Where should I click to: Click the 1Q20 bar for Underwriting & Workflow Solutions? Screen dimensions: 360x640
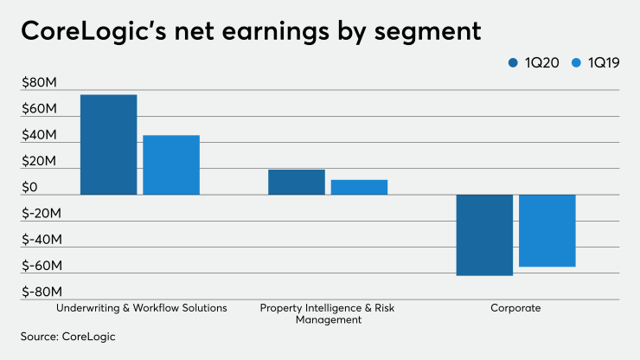[108, 145]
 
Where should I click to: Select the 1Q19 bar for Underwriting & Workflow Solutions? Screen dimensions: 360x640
[171, 164]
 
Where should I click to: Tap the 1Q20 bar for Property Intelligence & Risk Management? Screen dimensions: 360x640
[296, 182]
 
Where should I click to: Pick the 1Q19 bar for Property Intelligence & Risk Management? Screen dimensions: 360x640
[359, 187]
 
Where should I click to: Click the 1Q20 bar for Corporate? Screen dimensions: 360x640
[484, 235]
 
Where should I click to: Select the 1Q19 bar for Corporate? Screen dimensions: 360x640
[547, 230]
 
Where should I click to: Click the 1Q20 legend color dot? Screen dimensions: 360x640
[514, 62]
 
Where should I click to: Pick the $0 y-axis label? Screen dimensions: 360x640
[30, 188]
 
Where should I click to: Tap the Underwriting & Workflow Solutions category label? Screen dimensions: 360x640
[141, 307]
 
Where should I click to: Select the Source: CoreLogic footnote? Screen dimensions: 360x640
[67, 337]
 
